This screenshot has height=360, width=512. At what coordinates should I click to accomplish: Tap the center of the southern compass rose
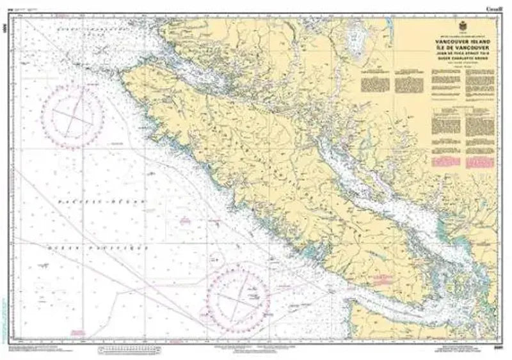pos(237,296)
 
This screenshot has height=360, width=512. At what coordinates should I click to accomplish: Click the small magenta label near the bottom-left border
pos(78,331)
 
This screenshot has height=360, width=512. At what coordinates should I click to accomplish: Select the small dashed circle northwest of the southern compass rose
pos(215,261)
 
